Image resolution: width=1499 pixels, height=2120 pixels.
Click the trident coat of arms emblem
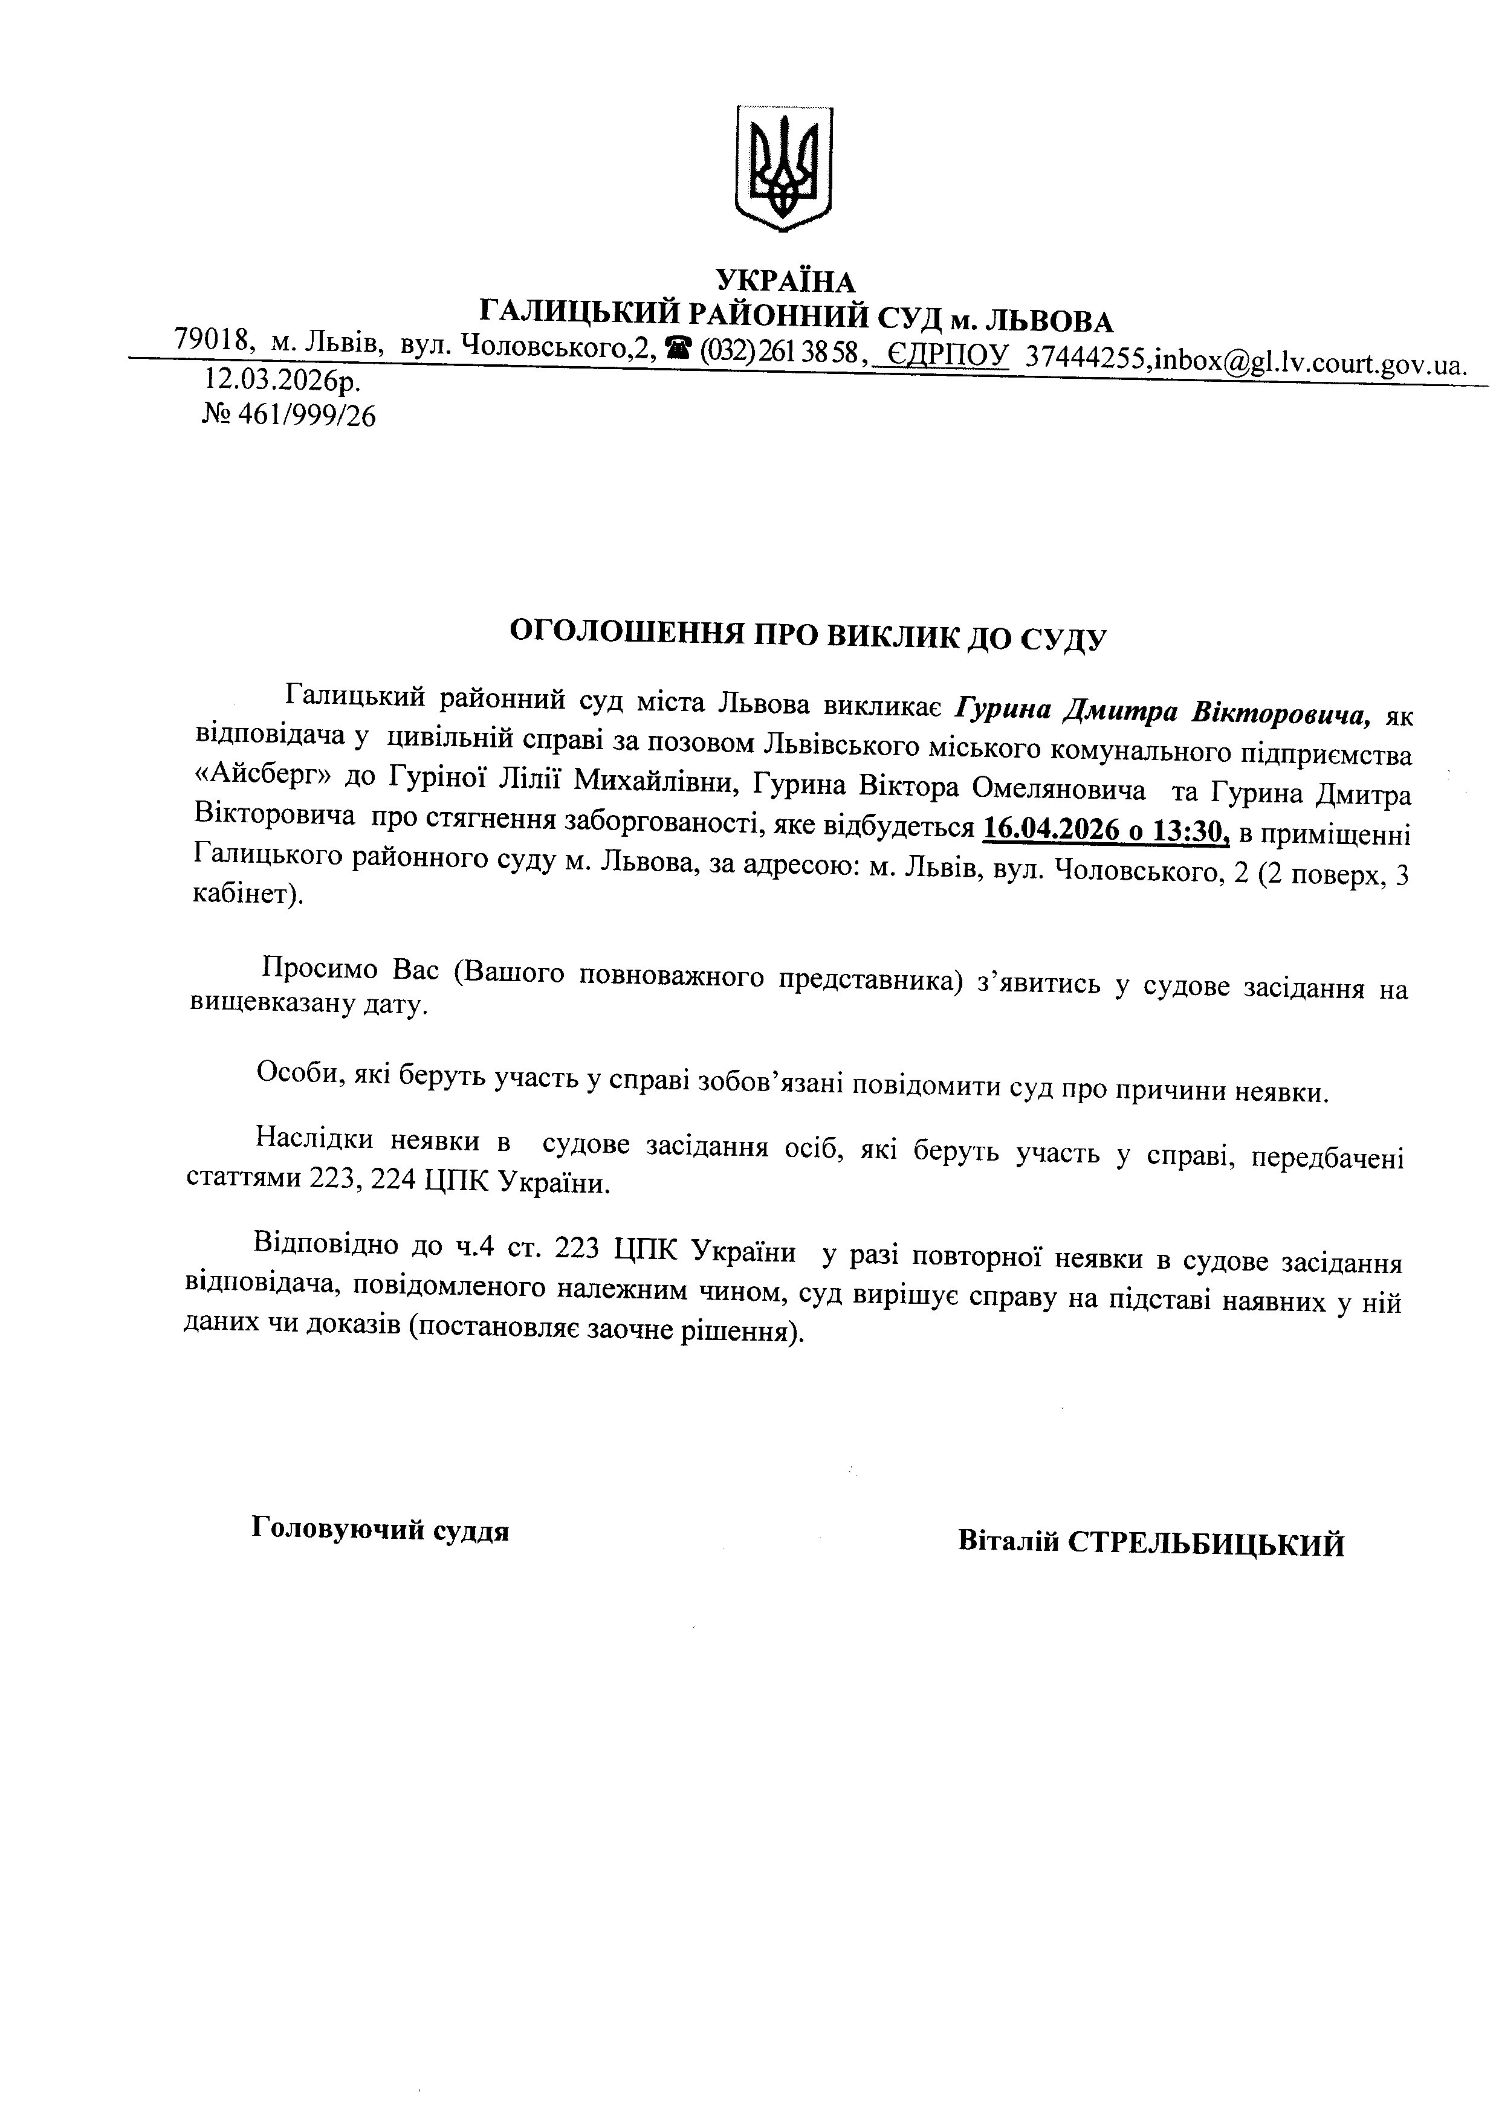784,168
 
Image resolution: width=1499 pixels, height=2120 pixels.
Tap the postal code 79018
215,341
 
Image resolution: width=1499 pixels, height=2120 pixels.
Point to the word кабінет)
248,895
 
